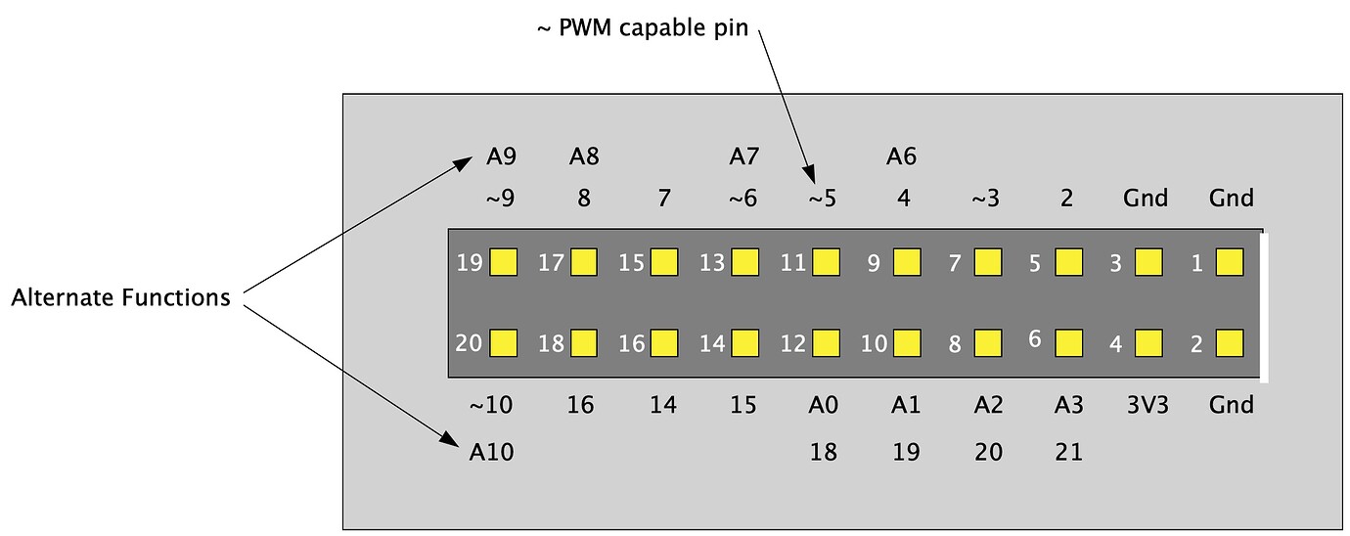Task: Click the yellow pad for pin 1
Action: pyautogui.click(x=1229, y=262)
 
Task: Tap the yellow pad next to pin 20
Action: pyautogui.click(x=503, y=342)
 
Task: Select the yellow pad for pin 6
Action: pyautogui.click(x=1068, y=342)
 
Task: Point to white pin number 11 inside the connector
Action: pyautogui.click(x=792, y=263)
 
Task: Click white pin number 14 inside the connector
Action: pyautogui.click(x=712, y=343)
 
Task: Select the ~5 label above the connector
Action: pyautogui.click(x=822, y=199)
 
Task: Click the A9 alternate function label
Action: pyautogui.click(x=501, y=156)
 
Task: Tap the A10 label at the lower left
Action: pyautogui.click(x=491, y=452)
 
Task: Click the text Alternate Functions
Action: pyautogui.click(x=120, y=297)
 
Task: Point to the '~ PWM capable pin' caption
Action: pyautogui.click(x=642, y=28)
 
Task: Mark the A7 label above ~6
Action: pyautogui.click(x=744, y=156)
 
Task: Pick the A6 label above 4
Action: pyautogui.click(x=901, y=156)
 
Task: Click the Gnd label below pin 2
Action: pyautogui.click(x=1231, y=405)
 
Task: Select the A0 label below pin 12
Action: pyautogui.click(x=824, y=405)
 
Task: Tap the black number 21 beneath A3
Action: pyautogui.click(x=1069, y=452)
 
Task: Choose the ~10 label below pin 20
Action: pyautogui.click(x=491, y=405)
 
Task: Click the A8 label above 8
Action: pyautogui.click(x=584, y=156)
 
